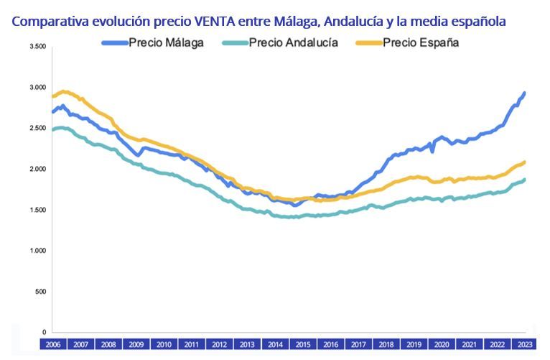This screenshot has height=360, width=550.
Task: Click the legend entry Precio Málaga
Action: pyautogui.click(x=166, y=42)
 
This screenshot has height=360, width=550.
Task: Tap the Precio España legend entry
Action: pyautogui.click(x=421, y=42)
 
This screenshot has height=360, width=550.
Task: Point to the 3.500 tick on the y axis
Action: pyautogui.click(x=38, y=47)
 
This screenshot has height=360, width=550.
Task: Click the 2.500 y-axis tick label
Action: pyautogui.click(x=38, y=129)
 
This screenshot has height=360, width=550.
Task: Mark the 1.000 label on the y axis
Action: pyautogui.click(x=38, y=251)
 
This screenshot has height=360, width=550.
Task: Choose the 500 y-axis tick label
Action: pyautogui.click(x=41, y=292)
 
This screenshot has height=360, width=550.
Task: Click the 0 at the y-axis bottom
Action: pyautogui.click(x=44, y=332)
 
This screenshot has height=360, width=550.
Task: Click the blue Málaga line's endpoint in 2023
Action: pyautogui.click(x=524, y=93)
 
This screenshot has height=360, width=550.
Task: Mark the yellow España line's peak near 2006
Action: pyautogui.click(x=65, y=91)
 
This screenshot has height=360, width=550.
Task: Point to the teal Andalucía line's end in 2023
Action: pyautogui.click(x=524, y=180)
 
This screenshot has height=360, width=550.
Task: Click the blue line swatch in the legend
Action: pyautogui.click(x=114, y=42)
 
